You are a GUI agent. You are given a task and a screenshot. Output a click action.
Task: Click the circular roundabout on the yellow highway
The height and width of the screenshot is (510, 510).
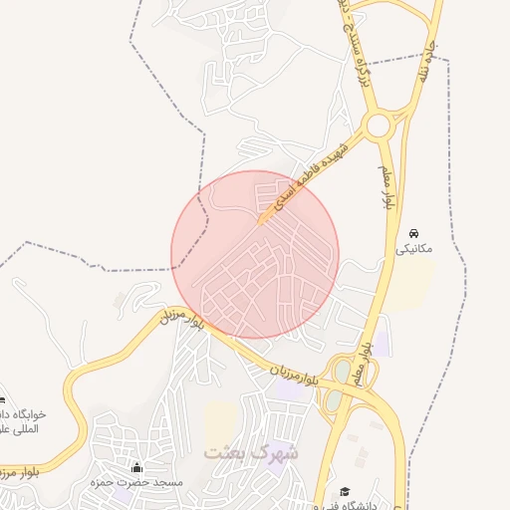click(378, 127)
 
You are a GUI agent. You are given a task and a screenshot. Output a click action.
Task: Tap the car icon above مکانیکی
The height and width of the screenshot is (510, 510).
click(413, 232)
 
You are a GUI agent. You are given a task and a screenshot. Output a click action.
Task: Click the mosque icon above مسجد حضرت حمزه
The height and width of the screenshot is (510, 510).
click(136, 467)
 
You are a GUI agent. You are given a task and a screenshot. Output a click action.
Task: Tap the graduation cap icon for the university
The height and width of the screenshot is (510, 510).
click(345, 492)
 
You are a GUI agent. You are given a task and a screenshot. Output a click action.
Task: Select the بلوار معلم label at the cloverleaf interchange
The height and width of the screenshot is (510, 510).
click(367, 365)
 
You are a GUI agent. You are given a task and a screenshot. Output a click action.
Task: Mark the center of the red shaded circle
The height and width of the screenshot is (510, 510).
click(255, 254)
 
